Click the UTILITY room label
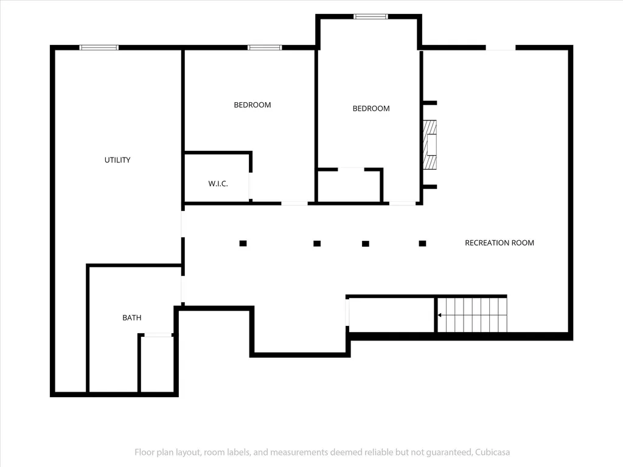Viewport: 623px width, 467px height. pyautogui.click(x=117, y=160)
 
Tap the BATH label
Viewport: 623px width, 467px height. pyautogui.click(x=132, y=317)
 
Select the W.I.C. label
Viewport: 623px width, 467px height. pyautogui.click(x=218, y=184)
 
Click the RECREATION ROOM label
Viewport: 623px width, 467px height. pyautogui.click(x=499, y=243)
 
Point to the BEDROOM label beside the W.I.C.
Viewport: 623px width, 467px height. pyautogui.click(x=252, y=105)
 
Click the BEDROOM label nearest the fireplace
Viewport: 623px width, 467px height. pyautogui.click(x=371, y=108)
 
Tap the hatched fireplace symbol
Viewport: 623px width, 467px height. pyautogui.click(x=430, y=145)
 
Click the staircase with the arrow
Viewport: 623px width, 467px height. pyautogui.click(x=472, y=314)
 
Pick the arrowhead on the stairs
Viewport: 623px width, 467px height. pyautogui.click(x=439, y=315)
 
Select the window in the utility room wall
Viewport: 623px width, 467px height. pyautogui.click(x=99, y=47)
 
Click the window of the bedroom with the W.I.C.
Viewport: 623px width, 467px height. pyautogui.click(x=265, y=47)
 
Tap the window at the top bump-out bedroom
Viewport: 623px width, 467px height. pyautogui.click(x=371, y=16)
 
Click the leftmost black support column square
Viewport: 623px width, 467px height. pyautogui.click(x=243, y=243)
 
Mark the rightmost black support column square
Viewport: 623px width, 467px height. pyautogui.click(x=422, y=243)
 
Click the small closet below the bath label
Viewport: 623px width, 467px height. pyautogui.click(x=157, y=363)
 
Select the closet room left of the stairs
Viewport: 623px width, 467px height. pyautogui.click(x=391, y=315)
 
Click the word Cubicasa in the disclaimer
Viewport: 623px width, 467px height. pyautogui.click(x=492, y=452)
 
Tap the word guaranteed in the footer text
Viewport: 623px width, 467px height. pyautogui.click(x=449, y=452)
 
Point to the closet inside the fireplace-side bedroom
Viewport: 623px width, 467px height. pyautogui.click(x=349, y=186)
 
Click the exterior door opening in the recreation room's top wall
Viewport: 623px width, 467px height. pyautogui.click(x=501, y=47)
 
